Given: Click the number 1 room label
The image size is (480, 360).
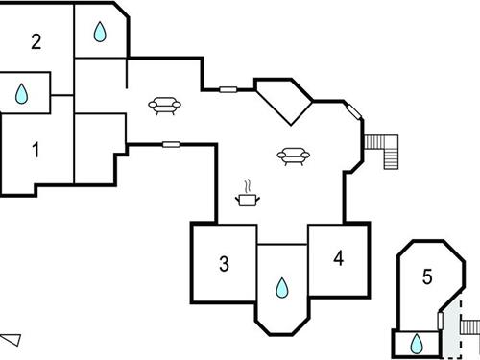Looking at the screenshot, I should pos(36,150).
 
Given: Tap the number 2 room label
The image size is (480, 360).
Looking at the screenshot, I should pos(36,41).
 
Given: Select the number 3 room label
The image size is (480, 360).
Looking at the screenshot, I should pos(224,264).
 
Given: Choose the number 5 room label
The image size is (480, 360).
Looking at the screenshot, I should pos(427,277).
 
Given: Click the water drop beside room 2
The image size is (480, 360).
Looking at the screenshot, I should pos(100,34).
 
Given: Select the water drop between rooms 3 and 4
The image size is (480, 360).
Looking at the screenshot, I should pos(282,287).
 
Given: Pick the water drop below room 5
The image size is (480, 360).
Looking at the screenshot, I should pos(418,344).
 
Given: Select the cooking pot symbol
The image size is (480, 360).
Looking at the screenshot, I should pos(249,199).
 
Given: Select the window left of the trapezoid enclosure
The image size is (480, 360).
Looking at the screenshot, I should pos(228,89).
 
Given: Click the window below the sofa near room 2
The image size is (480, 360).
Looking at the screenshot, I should pos(172,144).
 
